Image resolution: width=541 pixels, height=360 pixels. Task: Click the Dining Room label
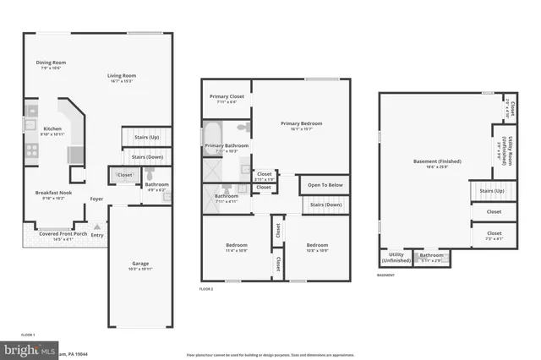[x=51, y=63]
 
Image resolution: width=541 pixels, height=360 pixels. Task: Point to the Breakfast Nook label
[x=52, y=193]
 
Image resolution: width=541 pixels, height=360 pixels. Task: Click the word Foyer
[x=97, y=199]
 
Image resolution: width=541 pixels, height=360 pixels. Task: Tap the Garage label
[x=140, y=263]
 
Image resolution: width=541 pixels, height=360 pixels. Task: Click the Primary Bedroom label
[x=301, y=123]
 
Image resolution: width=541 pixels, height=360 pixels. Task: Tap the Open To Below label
[x=325, y=185]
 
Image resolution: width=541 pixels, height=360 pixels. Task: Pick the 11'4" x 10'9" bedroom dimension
[x=236, y=250]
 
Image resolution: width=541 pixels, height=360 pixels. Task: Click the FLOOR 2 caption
[x=207, y=289]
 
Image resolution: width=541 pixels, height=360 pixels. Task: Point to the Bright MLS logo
[x=30, y=348]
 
